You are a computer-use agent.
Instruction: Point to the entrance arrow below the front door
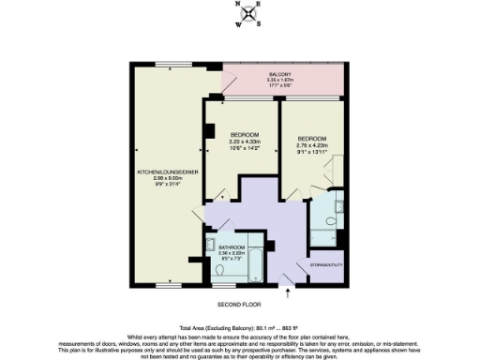click(x=288, y=292)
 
